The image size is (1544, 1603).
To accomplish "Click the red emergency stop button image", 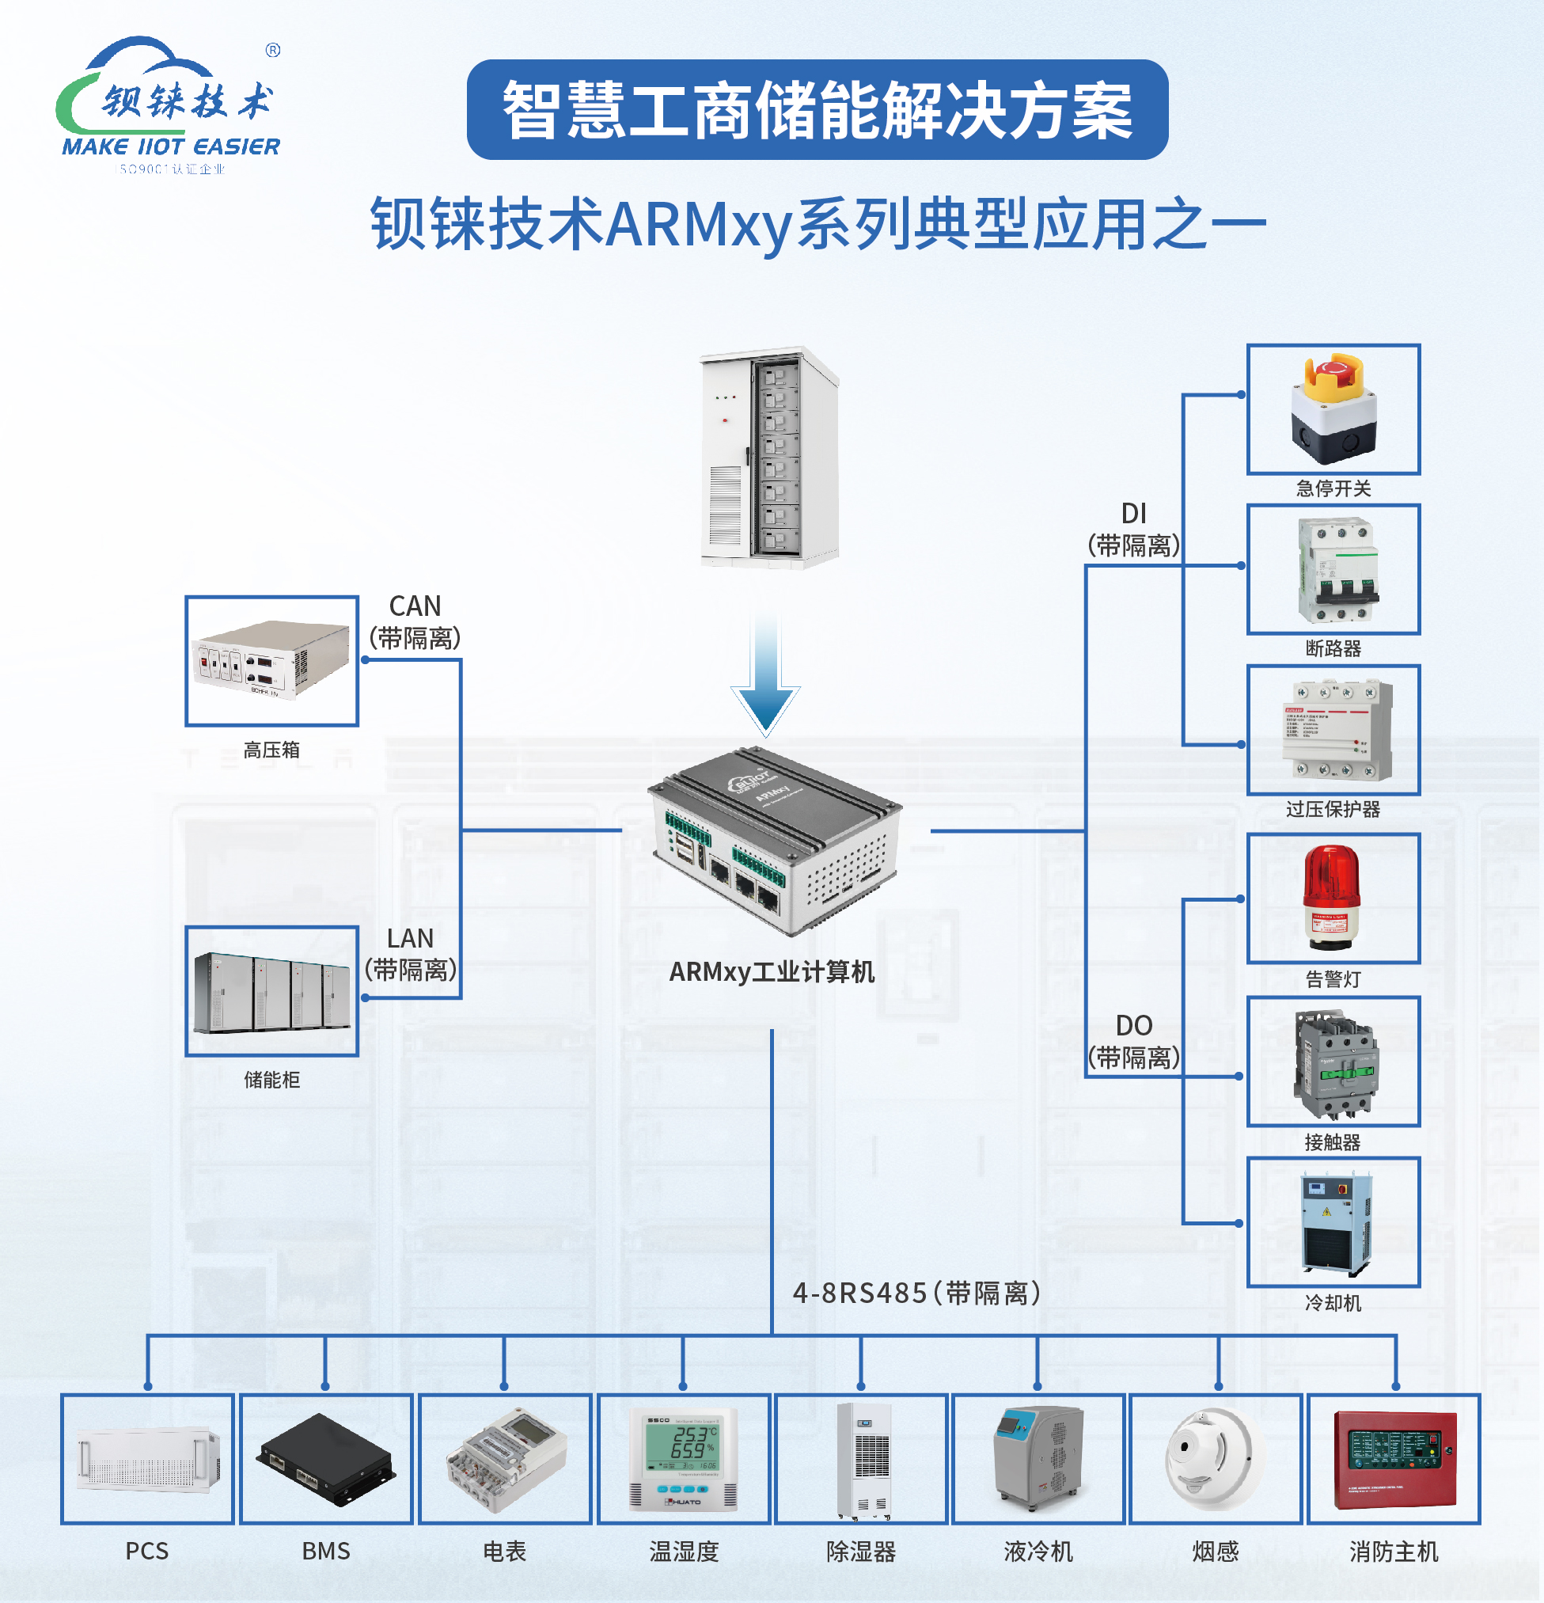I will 1333,408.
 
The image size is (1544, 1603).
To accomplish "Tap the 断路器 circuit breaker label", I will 1333,648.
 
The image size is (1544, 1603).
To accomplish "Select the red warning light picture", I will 1331,897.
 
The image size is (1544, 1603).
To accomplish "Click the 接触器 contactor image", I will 1333,1062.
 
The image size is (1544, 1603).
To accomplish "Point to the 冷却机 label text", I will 1333,1303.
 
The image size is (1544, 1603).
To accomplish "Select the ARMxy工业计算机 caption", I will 771,971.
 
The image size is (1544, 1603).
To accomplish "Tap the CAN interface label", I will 415,607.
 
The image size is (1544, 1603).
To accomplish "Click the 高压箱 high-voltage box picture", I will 271,660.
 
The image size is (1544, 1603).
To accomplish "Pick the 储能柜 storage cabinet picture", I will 271,991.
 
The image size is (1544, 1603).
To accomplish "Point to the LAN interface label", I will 410,939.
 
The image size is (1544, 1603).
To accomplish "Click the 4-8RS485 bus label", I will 916,1293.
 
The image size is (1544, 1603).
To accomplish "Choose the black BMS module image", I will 325,1461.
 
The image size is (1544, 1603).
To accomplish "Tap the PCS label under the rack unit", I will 147,1552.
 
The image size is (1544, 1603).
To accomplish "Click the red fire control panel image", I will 1394,1460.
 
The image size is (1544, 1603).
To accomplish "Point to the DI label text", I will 1133,514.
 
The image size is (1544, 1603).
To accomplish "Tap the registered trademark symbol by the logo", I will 273,50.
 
